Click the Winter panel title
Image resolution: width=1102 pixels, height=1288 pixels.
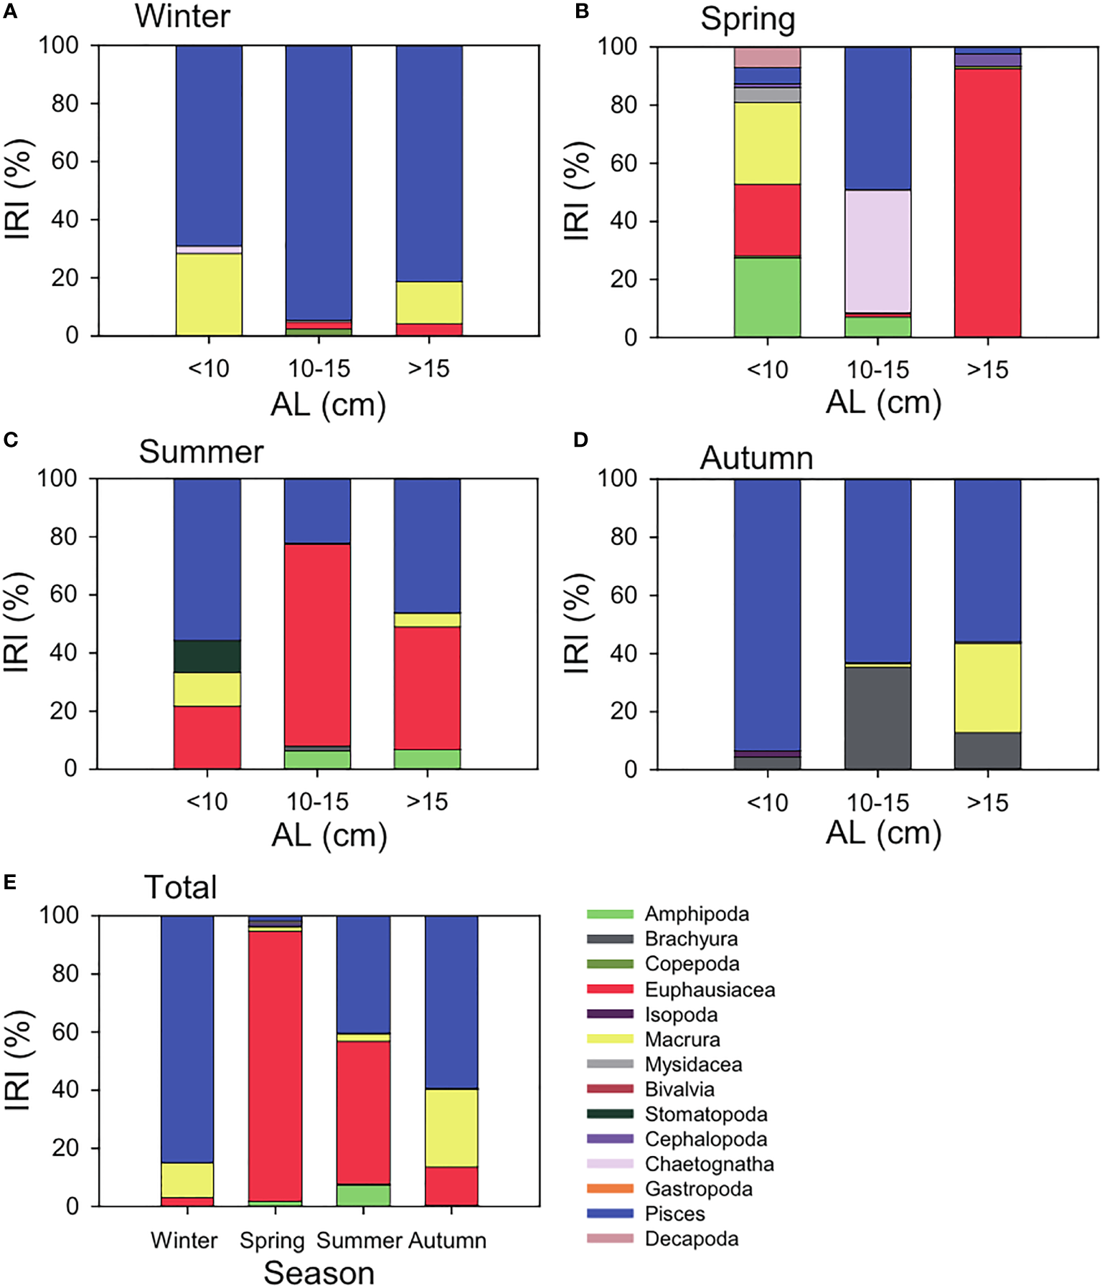click(182, 16)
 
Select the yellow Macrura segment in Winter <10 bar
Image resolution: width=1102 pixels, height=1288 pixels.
click(209, 294)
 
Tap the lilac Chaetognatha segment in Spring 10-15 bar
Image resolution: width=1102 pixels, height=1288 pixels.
click(877, 251)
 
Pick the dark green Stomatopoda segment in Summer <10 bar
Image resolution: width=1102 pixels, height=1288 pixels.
click(207, 656)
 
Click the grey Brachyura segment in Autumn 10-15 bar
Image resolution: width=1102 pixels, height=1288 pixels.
click(877, 718)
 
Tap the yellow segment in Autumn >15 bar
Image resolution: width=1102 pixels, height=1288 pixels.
click(987, 687)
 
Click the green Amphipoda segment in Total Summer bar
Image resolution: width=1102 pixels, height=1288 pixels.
click(363, 1195)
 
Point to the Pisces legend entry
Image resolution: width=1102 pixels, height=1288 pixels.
click(674, 1213)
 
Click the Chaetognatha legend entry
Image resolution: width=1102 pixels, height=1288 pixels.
click(709, 1163)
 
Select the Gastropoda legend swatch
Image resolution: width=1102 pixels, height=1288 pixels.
click(610, 1188)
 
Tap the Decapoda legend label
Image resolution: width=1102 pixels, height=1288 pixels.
click(691, 1239)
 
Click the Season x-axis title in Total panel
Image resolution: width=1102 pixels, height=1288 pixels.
click(319, 1272)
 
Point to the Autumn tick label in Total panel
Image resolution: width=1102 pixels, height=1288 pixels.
click(448, 1240)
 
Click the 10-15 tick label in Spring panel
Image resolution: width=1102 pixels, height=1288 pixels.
click(877, 369)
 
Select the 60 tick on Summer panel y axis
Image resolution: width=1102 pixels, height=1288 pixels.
click(63, 595)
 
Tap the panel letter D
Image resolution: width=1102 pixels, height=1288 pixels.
click(580, 440)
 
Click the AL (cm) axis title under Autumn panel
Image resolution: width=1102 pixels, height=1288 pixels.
click(883, 833)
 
